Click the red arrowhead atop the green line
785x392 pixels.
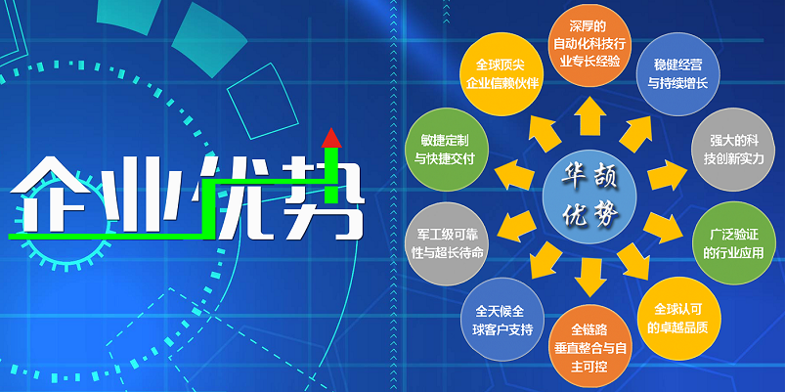coord(331,138)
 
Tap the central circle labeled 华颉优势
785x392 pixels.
coord(589,196)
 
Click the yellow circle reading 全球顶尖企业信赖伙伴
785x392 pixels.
coord(502,73)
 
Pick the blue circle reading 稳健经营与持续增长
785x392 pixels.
coord(677,74)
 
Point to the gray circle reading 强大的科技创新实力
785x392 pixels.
coord(733,150)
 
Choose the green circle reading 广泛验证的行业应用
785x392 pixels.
coord(733,243)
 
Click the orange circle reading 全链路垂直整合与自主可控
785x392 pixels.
coord(589,346)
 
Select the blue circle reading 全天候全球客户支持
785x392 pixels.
coord(502,320)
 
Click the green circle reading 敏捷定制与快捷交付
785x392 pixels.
coord(447,150)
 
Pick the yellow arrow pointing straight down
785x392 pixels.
coord(590,278)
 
